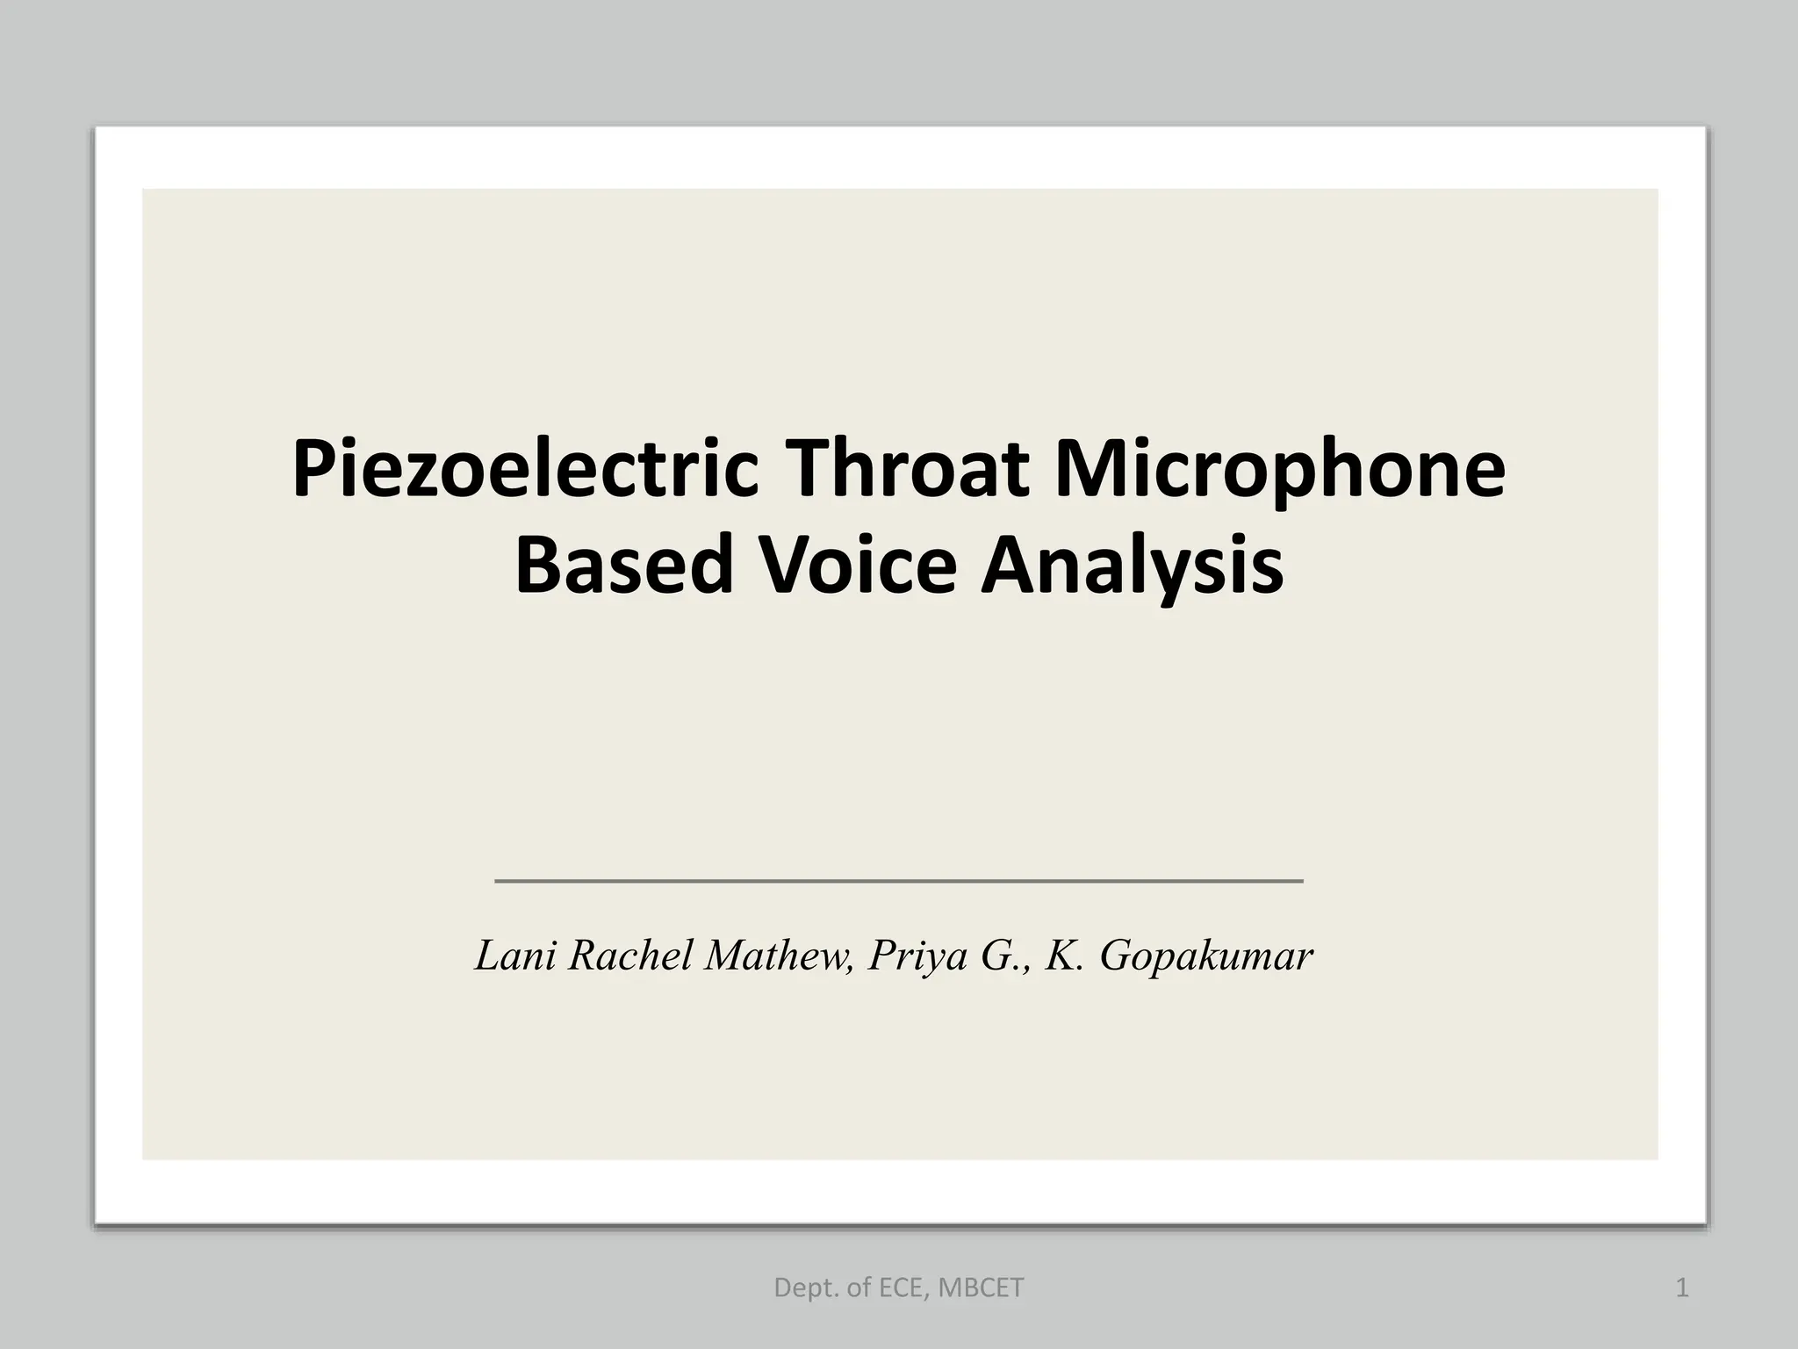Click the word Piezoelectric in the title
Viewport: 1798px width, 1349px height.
click(x=524, y=473)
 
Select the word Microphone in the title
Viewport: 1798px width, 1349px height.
click(x=1280, y=473)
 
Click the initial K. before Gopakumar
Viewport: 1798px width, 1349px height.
click(x=1065, y=956)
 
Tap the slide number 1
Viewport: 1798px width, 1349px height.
click(x=1682, y=1288)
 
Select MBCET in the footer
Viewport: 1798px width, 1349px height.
click(x=981, y=1288)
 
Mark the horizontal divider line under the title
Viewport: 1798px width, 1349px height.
click(x=899, y=880)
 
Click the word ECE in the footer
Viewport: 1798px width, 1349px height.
click(x=900, y=1288)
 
